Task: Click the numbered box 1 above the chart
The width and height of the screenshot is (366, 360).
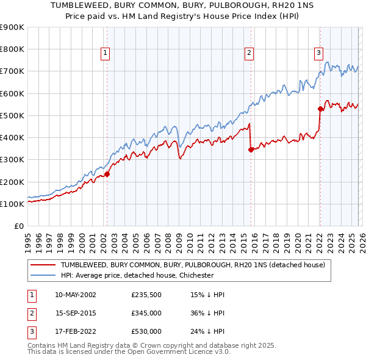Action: (106, 54)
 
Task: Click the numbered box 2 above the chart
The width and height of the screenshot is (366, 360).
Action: (249, 54)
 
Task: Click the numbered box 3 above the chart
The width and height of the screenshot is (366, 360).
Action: (318, 54)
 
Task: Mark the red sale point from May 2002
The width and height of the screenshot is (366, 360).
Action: (107, 174)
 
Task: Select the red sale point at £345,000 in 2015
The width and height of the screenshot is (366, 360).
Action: (251, 149)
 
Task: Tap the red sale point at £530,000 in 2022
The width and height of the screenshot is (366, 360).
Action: (320, 109)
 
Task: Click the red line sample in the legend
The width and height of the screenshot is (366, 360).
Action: (43, 265)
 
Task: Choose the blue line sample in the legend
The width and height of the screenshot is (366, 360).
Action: (43, 275)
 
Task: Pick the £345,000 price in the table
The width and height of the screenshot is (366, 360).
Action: (146, 313)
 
